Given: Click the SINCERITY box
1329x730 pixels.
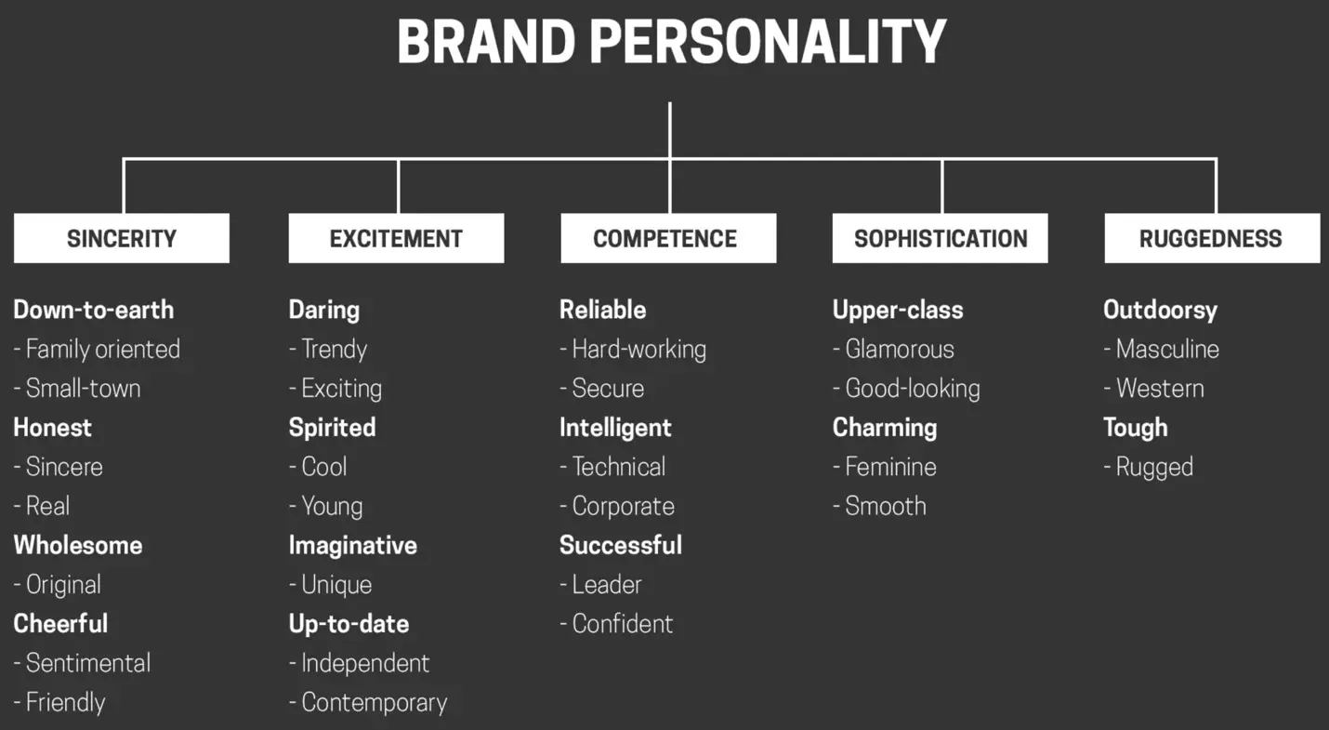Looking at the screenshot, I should click(122, 239).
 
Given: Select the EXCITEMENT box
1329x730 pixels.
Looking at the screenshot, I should click(396, 239).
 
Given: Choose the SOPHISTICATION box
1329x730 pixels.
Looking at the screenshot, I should click(941, 239).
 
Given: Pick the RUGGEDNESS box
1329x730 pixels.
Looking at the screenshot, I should click(1211, 239).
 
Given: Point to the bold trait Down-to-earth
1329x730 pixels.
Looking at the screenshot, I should click(94, 310).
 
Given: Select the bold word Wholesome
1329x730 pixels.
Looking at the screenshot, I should click(78, 545).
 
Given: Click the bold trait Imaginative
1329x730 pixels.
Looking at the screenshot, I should click(353, 545).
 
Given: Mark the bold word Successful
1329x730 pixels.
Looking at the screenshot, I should click(621, 545).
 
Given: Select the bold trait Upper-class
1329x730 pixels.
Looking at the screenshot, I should click(898, 310).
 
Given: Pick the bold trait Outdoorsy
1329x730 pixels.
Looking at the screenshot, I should click(1160, 310).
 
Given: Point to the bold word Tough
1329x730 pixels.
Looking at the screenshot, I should click(1135, 428).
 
